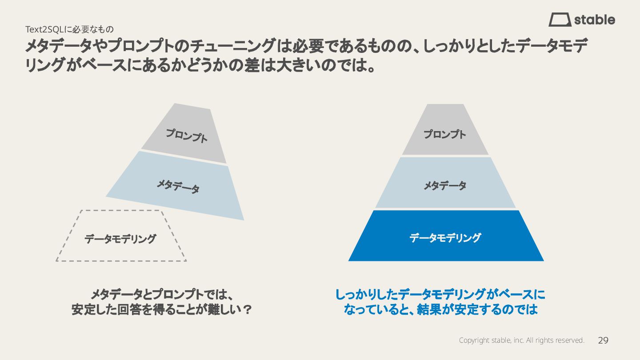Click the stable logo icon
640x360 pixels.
[x=560, y=20]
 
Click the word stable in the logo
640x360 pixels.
[x=595, y=20]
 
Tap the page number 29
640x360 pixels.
[x=603, y=340]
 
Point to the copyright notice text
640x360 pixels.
[x=521, y=340]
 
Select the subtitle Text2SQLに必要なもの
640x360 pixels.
[x=69, y=30]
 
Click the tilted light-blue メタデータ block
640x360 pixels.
[x=178, y=186]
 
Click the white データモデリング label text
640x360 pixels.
[x=445, y=238]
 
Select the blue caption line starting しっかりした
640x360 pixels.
[x=440, y=294]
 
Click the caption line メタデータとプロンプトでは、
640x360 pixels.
[x=162, y=294]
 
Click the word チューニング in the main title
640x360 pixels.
[x=232, y=46]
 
